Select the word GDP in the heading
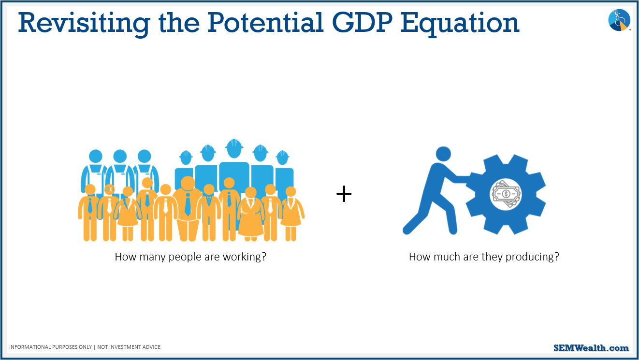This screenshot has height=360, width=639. click(x=363, y=23)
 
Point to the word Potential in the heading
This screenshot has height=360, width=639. click(x=265, y=23)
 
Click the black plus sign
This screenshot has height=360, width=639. click(x=344, y=194)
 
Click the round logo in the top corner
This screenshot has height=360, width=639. click(x=619, y=20)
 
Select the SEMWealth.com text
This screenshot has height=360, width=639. click(x=591, y=348)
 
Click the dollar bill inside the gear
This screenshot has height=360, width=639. click(x=506, y=194)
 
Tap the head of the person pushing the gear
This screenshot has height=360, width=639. click(x=443, y=154)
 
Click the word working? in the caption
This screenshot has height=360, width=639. click(x=245, y=257)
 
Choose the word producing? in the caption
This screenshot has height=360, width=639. click(x=532, y=257)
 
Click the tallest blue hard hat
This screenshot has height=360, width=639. click(x=234, y=144)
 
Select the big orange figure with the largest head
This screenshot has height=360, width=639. click(x=188, y=209)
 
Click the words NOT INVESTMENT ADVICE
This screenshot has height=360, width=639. click(x=129, y=347)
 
